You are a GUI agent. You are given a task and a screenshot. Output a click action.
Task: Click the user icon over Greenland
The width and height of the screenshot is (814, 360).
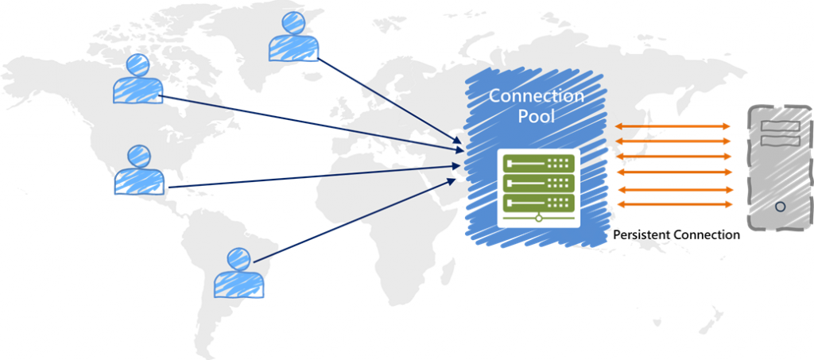point(293,37)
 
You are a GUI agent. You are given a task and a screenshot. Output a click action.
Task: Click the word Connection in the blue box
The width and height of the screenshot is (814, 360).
point(536,96)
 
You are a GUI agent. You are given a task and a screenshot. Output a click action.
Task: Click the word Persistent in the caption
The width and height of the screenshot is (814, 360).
point(642,235)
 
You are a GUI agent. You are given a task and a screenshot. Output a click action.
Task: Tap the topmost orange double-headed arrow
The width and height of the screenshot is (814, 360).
point(674,126)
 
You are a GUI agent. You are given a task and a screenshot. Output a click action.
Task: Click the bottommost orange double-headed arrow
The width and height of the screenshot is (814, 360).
point(674,205)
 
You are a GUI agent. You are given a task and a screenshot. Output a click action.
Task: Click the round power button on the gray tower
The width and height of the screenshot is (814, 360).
point(780,206)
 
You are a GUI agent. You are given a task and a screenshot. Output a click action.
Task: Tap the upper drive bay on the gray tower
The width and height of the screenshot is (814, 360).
point(780,126)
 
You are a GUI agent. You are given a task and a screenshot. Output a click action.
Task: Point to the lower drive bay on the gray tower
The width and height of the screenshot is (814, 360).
point(780,141)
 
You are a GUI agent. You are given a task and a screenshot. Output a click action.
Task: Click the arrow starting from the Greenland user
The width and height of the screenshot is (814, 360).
point(390,97)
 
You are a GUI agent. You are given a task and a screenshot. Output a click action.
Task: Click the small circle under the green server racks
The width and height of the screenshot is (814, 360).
point(538,217)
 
